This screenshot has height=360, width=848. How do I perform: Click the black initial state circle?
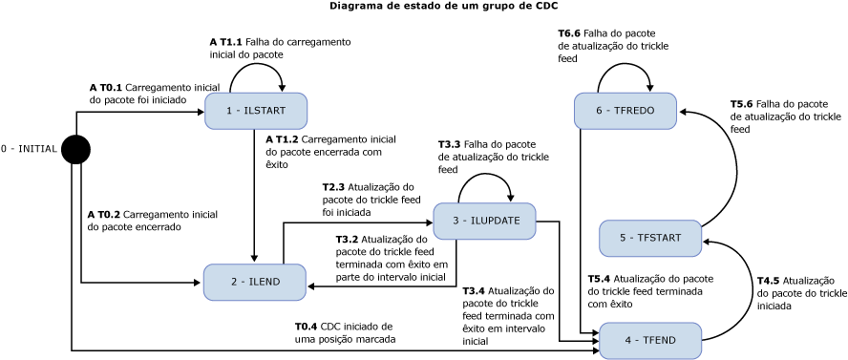(75, 149)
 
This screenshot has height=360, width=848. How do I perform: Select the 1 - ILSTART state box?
(255, 111)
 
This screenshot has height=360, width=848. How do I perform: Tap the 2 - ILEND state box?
(255, 282)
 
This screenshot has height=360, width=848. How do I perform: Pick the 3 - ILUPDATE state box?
(484, 221)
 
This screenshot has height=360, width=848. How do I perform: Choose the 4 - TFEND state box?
(650, 340)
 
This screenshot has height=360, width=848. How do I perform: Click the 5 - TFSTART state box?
(650, 238)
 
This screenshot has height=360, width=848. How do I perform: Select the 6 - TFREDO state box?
(625, 111)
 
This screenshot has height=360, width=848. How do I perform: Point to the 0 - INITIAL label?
(29, 149)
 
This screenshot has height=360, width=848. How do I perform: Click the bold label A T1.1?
(225, 43)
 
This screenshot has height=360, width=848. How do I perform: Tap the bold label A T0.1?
(105, 87)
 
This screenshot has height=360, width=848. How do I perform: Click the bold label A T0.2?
(103, 215)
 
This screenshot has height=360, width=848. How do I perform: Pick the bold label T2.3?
(333, 187)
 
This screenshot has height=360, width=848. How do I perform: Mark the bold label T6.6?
(570, 32)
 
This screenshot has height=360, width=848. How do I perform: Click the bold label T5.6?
(742, 103)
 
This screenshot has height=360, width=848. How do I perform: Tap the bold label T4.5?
(769, 280)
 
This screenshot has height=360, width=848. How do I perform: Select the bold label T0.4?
(306, 327)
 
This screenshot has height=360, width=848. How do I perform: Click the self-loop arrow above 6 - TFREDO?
(625, 67)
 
